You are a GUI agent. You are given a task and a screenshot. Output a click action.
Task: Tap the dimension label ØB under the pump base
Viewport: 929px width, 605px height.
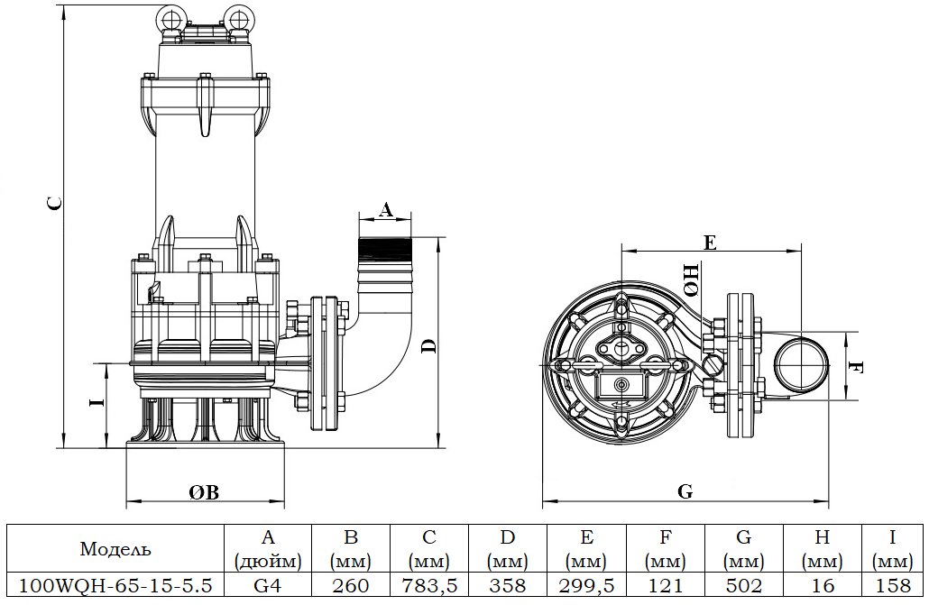point(204,491)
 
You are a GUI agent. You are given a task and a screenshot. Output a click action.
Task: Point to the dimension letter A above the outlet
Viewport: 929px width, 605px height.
point(385,210)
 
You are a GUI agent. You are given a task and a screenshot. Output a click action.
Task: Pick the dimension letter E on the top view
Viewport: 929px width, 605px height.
point(710,242)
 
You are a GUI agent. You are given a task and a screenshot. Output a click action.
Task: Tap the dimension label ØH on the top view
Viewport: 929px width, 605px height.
point(690,280)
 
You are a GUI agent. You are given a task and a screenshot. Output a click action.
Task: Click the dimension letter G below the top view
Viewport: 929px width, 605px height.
point(685,491)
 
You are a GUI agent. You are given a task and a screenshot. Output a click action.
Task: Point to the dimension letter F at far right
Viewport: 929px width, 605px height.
point(858,368)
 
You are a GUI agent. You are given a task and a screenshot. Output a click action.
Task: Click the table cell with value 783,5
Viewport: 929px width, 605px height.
point(429,585)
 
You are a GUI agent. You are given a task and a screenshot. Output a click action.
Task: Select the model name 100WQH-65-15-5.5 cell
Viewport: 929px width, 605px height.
point(115,585)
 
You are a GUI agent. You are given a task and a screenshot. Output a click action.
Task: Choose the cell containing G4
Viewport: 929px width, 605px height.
point(267,585)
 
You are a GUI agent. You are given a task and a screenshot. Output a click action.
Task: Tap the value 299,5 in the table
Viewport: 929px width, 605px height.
point(586,585)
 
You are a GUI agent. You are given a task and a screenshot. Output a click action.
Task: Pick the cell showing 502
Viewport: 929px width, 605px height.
point(743,585)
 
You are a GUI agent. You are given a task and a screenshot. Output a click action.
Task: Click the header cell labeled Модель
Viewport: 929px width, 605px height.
point(115,548)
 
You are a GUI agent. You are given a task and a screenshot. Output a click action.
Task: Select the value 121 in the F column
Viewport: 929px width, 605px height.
point(665,585)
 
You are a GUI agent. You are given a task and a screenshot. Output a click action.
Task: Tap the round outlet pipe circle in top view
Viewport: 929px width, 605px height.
point(801,367)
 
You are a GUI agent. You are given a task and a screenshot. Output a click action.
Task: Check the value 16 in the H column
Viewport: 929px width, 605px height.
point(822,585)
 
